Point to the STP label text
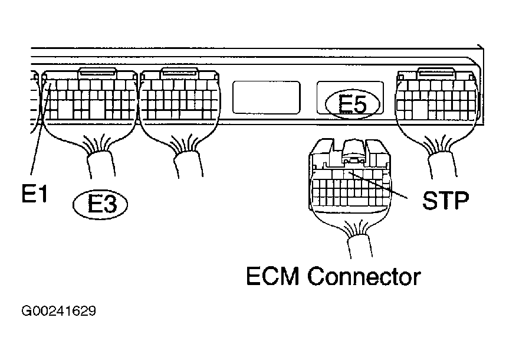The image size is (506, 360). coord(445,201)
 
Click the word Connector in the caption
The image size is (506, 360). coord(367,276)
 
